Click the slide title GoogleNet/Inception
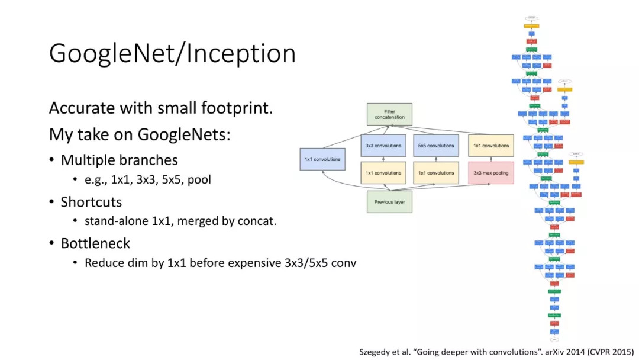[x=172, y=53]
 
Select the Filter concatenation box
[x=389, y=114]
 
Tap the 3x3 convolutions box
[x=383, y=146]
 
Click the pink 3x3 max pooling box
[x=490, y=173]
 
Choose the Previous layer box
[x=389, y=201]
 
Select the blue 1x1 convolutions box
[x=322, y=159]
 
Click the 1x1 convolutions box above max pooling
[x=490, y=146]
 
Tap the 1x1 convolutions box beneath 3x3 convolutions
[x=383, y=173]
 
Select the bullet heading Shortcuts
[x=91, y=202]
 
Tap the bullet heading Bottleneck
[x=95, y=243]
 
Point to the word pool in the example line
[x=199, y=179]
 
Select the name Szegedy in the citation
[x=376, y=352]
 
